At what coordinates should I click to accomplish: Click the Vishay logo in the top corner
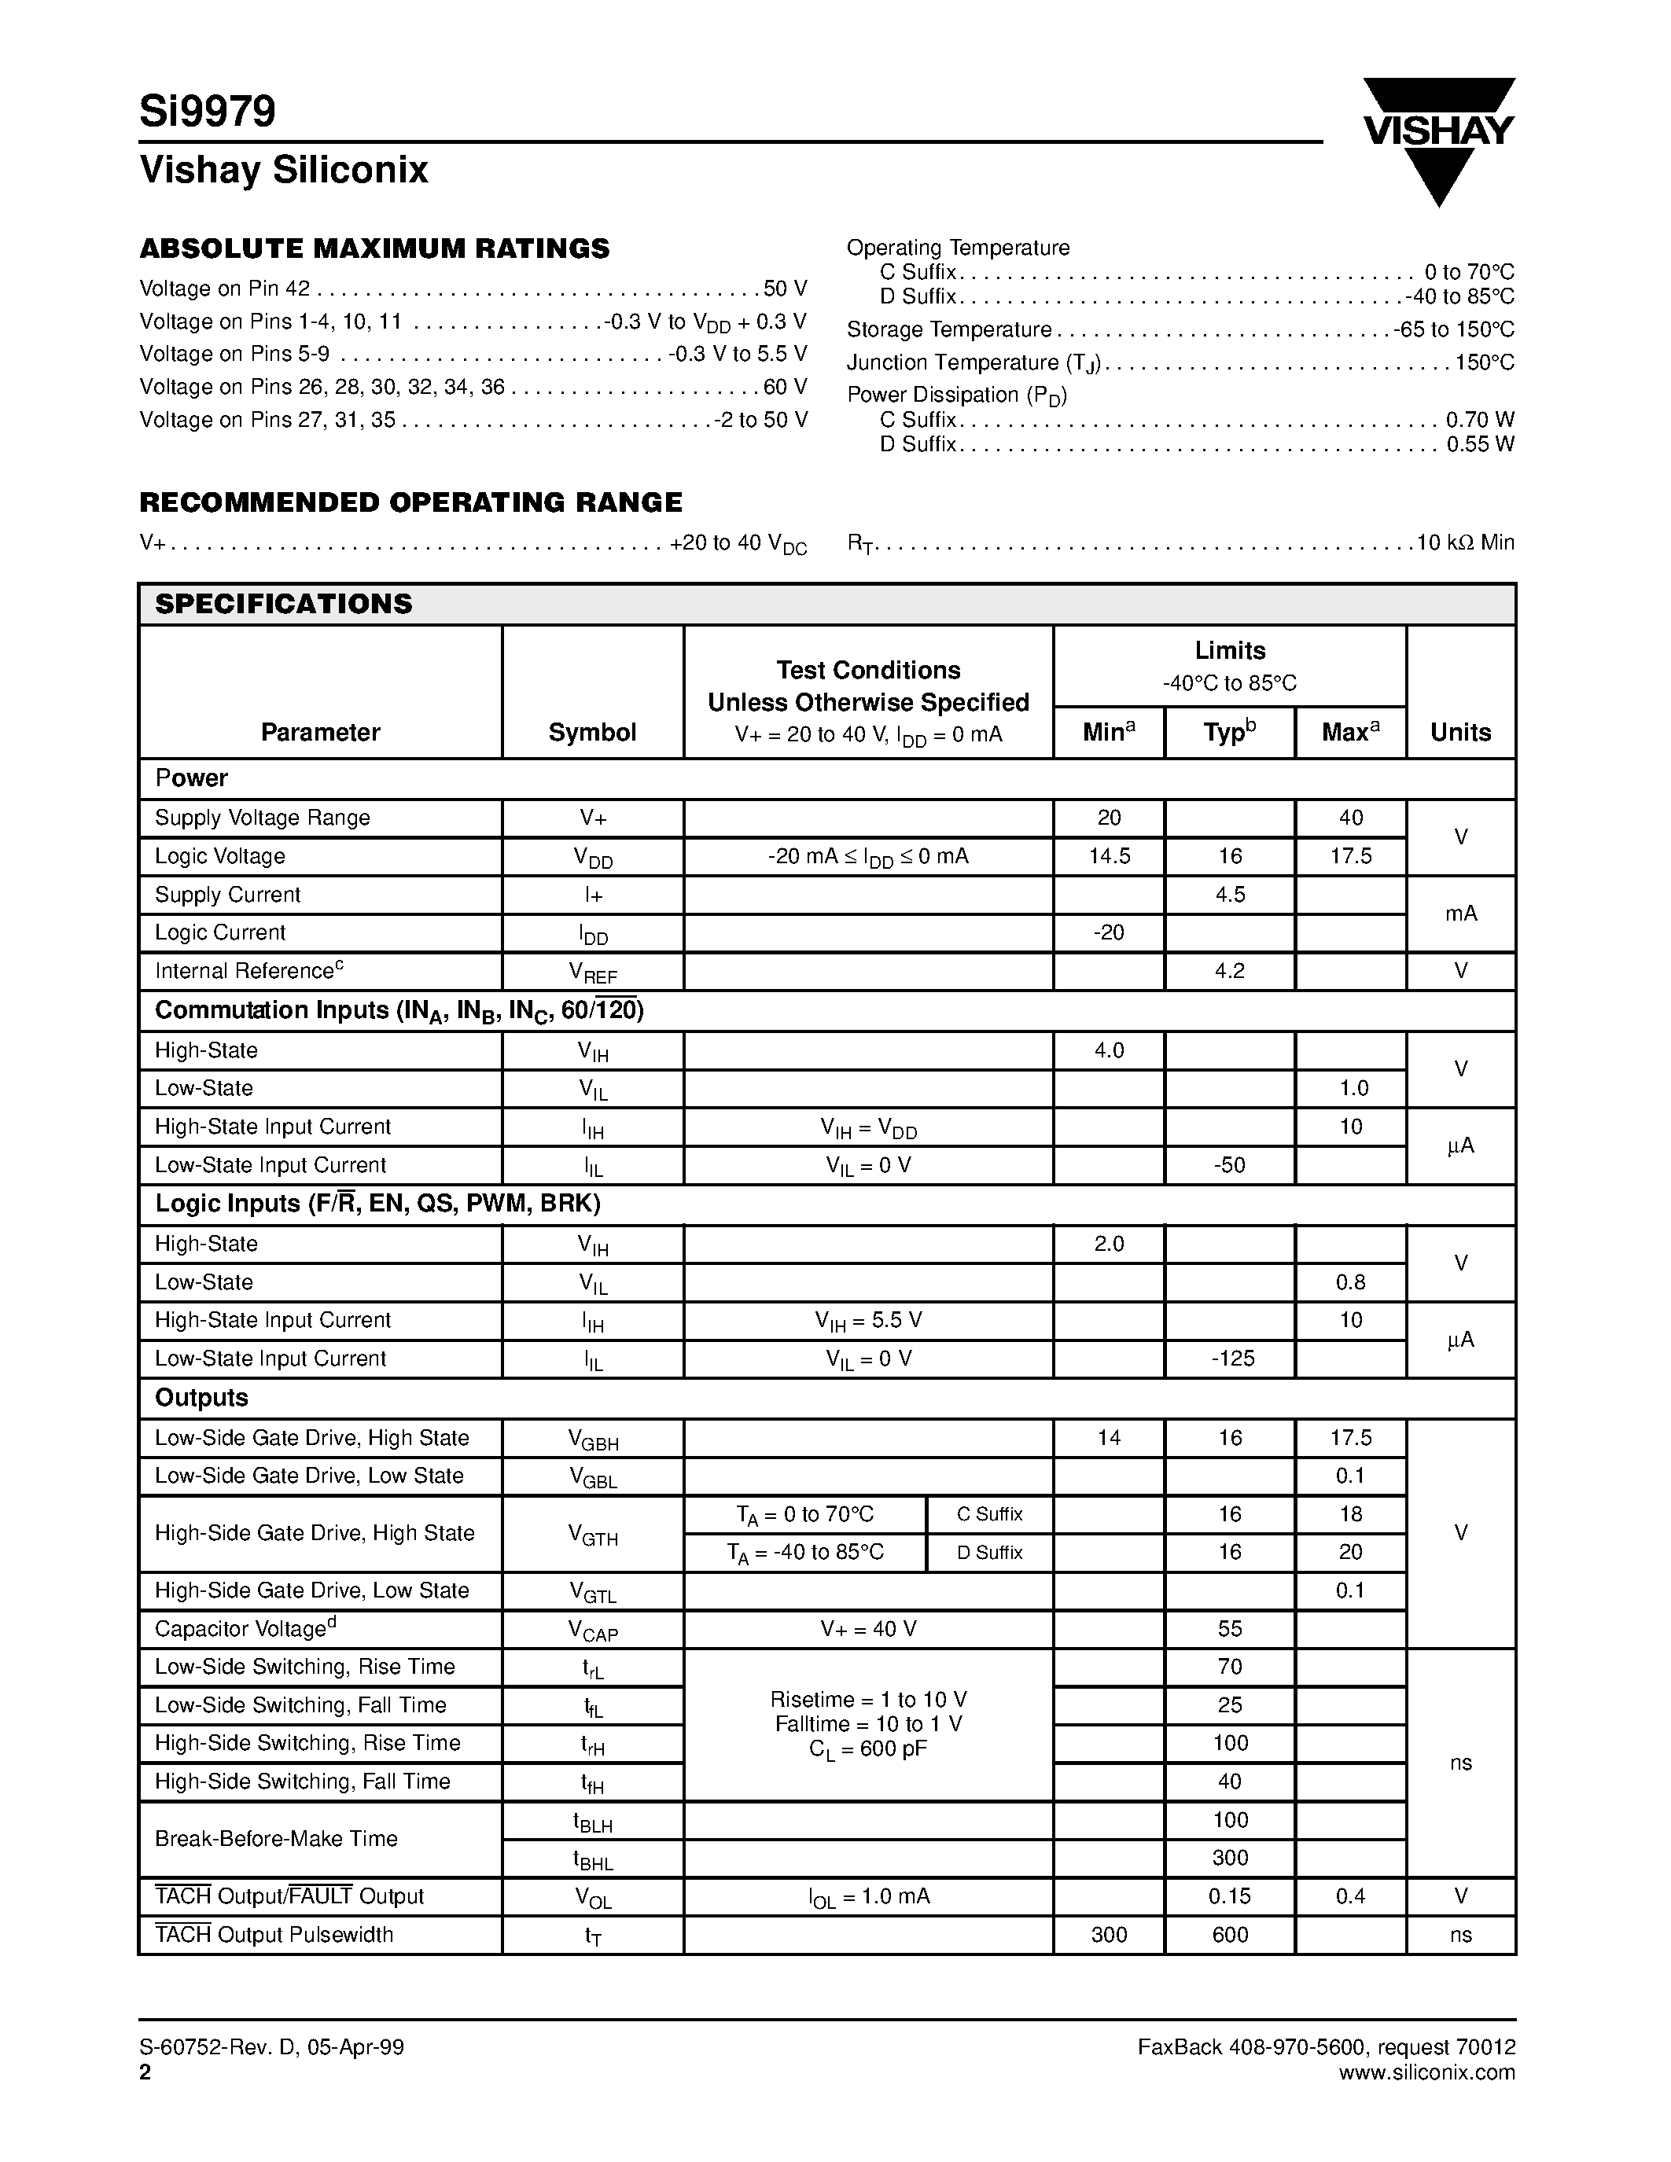pos(1438,138)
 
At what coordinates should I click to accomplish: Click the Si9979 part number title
pos(208,111)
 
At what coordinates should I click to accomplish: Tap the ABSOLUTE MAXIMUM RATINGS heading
pos(374,248)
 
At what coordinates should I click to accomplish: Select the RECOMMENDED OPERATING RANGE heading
pos(410,503)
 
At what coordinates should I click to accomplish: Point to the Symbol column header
pos(592,733)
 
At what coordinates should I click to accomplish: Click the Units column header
pos(1460,733)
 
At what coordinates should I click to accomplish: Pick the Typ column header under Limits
pos(1230,733)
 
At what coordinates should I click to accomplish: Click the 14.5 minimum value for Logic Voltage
pos(1109,856)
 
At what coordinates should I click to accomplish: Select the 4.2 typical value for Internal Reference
pos(1230,971)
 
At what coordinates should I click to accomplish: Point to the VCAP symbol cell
pos(592,1631)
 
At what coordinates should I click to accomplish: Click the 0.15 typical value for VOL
pos(1230,1897)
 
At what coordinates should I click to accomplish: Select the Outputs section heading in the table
pos(202,1398)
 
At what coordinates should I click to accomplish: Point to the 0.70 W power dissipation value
pos(1480,420)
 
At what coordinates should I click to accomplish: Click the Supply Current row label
pos(228,895)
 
